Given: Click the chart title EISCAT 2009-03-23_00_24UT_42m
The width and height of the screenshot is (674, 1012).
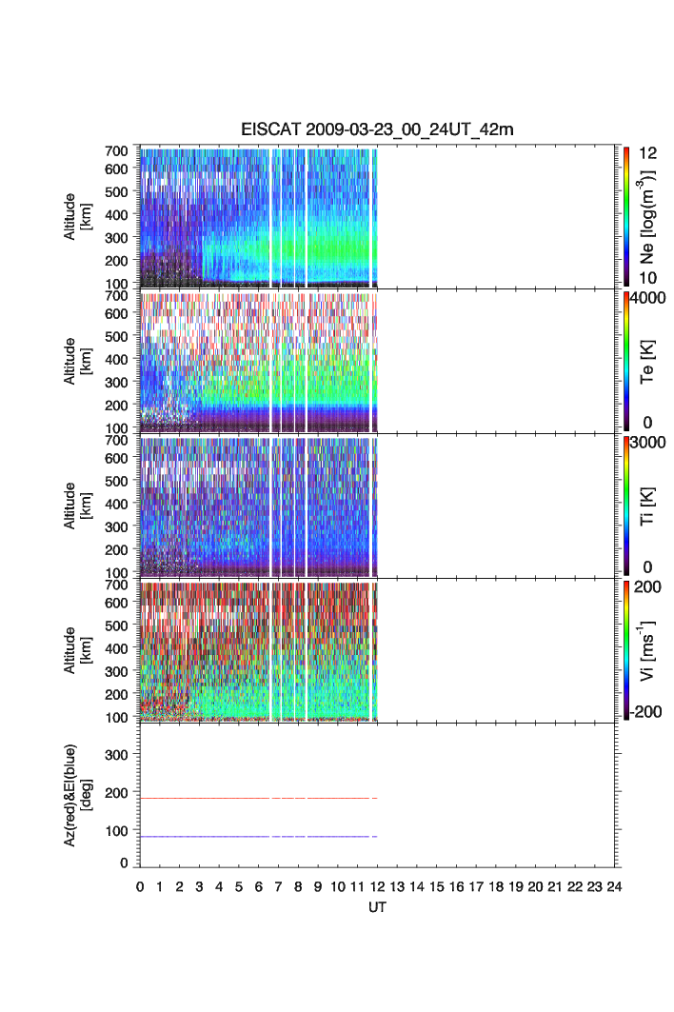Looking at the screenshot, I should [378, 129].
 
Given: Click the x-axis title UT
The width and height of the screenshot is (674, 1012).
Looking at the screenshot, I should [377, 907].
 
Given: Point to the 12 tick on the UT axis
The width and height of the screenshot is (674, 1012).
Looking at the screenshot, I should [377, 885].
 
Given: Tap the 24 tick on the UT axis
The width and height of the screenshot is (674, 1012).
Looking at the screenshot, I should [614, 885].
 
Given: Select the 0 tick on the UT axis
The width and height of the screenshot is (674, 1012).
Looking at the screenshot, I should [140, 885].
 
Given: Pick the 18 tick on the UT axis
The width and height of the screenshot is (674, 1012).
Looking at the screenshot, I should [496, 885].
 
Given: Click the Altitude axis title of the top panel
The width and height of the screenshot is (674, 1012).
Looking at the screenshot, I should [77, 217].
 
